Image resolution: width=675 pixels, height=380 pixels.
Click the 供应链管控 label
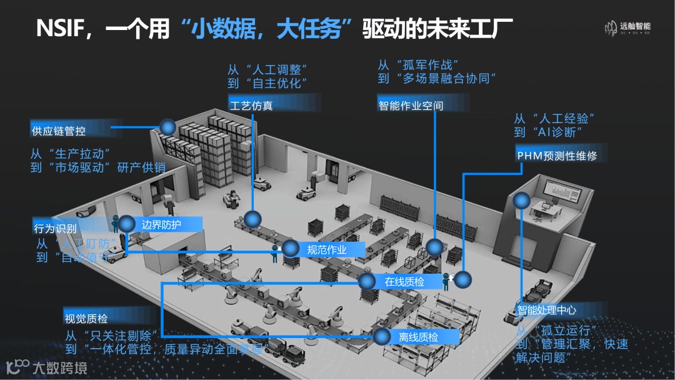point(59,131)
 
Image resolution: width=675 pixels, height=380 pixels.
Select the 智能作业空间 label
point(411,106)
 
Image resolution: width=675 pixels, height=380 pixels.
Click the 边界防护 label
point(161,224)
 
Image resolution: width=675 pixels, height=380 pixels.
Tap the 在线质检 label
point(404,282)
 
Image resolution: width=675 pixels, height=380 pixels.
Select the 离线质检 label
point(418,337)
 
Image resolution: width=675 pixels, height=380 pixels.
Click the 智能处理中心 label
point(546,310)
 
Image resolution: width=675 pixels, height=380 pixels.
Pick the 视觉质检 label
point(86,319)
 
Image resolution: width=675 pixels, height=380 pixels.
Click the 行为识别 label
point(55,229)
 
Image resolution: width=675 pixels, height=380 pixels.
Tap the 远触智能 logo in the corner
point(627,27)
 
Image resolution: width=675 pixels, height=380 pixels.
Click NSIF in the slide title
point(63,29)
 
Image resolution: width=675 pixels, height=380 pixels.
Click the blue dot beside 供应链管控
point(167,127)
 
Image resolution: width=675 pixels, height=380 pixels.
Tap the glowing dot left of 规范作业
point(290,249)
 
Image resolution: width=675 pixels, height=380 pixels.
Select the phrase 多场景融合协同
point(445,79)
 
